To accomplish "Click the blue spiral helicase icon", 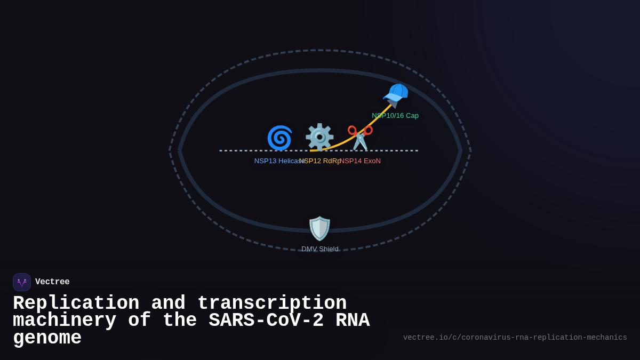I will (x=279, y=138).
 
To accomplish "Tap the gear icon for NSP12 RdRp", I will (x=319, y=138).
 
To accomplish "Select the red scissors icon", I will (x=360, y=138).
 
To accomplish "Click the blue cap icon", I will (x=396, y=95).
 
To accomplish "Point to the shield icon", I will (x=320, y=228).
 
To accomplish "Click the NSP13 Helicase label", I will (x=277, y=161).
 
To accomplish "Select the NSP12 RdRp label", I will (x=320, y=161).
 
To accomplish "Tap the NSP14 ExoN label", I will (x=361, y=161).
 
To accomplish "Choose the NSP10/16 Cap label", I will (x=395, y=116).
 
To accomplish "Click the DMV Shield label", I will (x=320, y=249).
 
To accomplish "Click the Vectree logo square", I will (x=22, y=282).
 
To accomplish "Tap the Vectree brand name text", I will (x=52, y=282).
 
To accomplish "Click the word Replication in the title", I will (x=76, y=303).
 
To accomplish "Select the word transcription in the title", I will (x=272, y=303).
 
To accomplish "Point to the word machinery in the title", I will (x=65, y=321).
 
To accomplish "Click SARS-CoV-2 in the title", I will (x=266, y=321).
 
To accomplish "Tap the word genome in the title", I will (x=47, y=338).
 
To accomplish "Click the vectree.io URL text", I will (x=515, y=338).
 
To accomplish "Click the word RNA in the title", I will (x=353, y=321).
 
